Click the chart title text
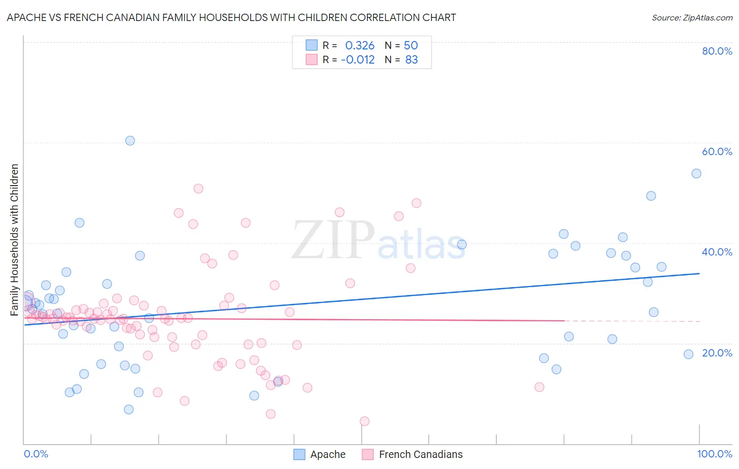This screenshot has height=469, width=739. [231, 17]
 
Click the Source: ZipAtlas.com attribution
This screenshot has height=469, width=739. [692, 17]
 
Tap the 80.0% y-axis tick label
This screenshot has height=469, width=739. [717, 51]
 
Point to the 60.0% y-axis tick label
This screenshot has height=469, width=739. [717, 151]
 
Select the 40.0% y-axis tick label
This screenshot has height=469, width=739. [717, 252]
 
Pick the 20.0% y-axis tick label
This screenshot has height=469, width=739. [717, 353]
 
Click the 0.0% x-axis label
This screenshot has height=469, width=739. [36, 454]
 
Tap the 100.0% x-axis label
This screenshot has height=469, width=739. [714, 454]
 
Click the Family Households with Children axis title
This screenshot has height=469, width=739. [14, 240]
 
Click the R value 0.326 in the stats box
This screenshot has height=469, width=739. [360, 45]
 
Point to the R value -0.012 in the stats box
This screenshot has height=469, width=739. [357, 60]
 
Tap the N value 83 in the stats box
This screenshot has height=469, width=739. [412, 60]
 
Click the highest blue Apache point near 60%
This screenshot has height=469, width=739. [130, 140]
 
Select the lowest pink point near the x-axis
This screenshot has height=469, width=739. [364, 421]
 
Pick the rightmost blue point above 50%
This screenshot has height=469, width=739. [696, 174]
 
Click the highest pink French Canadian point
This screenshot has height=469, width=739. [198, 189]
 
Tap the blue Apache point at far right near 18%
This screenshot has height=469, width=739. [689, 354]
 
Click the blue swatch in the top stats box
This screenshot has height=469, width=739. [312, 45]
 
